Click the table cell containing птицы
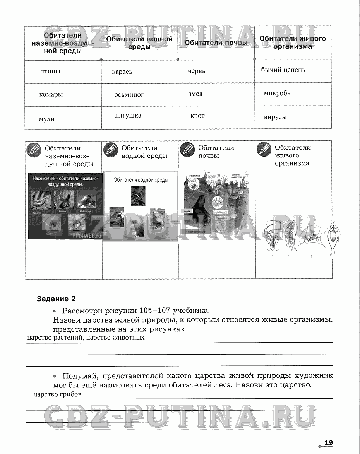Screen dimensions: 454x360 click(x=50, y=72)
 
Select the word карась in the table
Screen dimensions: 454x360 click(x=122, y=72)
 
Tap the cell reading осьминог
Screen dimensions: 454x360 click(x=129, y=94)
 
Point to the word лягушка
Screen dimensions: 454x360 click(x=128, y=115)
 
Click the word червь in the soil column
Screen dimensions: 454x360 click(x=197, y=71)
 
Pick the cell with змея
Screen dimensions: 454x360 click(x=195, y=94)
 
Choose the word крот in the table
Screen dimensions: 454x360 click(x=197, y=116)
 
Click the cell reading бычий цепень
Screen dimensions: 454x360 click(x=283, y=70)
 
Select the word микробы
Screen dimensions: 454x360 click(x=278, y=93)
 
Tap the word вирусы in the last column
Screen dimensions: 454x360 click(x=275, y=117)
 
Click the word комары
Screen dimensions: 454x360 click(x=51, y=94)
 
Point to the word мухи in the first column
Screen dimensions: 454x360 click(x=47, y=119)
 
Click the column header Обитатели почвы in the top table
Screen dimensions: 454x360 click(x=216, y=43)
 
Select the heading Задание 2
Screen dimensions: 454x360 click(x=56, y=299)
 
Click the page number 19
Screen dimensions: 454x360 click(x=329, y=443)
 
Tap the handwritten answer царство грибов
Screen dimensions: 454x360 click(x=58, y=395)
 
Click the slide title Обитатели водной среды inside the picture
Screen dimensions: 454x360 click(x=141, y=180)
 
